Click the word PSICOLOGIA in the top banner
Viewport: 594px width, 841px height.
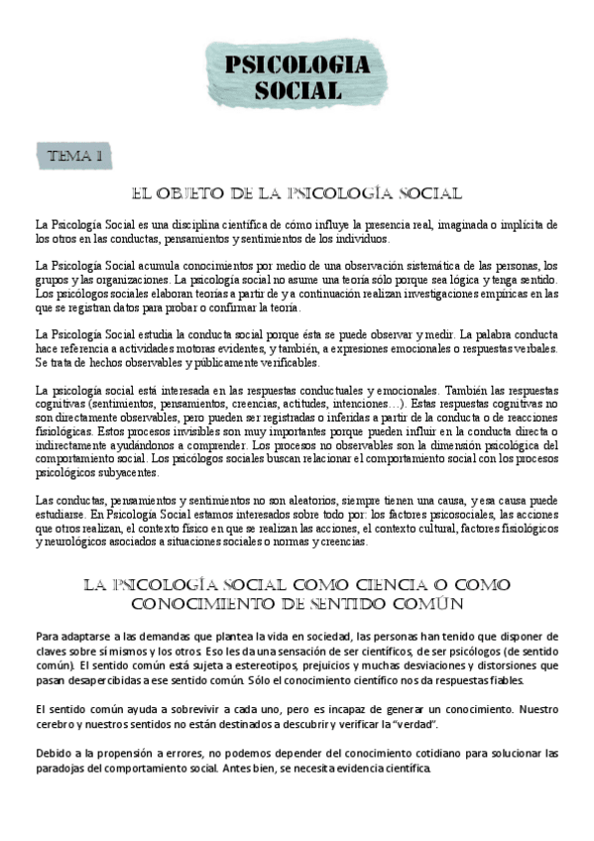(297, 65)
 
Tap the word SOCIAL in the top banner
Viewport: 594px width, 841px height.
(297, 90)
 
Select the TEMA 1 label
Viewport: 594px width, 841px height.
(75, 156)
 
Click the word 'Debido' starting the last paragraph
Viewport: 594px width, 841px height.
(53, 754)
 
